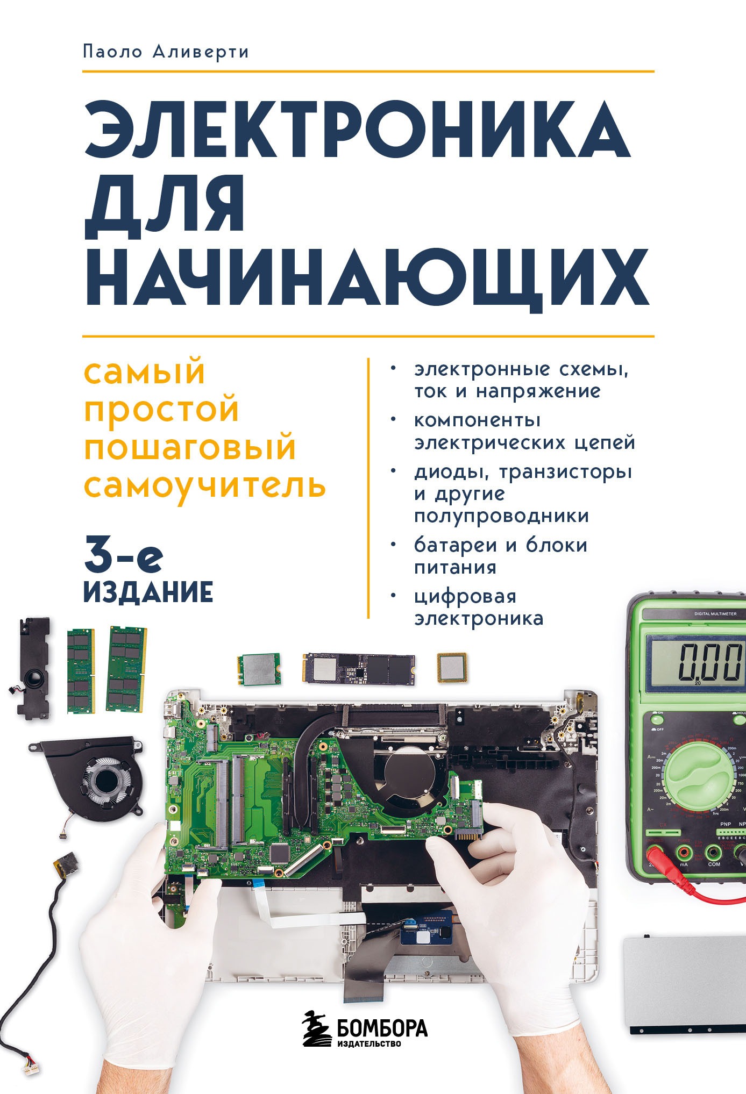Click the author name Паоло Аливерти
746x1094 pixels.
[166, 52]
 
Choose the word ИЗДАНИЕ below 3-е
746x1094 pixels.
[149, 592]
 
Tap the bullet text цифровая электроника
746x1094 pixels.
[479, 607]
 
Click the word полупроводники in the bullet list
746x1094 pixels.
[501, 516]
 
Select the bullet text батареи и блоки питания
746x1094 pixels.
[500, 556]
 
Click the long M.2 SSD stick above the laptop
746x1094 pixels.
[359, 669]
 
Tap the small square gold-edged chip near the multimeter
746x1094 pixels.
[451, 668]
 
